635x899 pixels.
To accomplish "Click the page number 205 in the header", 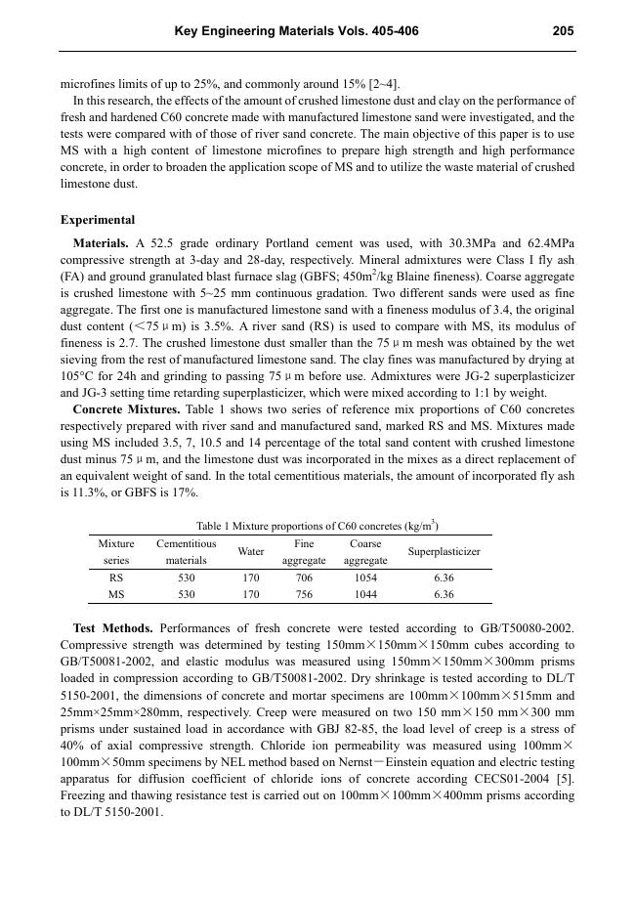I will pos(563,31).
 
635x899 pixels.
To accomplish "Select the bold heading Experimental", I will pos(98,220).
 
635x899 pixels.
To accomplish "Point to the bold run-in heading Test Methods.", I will pos(112,627).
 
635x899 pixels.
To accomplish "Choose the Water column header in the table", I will pos(251,552).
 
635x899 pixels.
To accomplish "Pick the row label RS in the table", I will pos(116,578).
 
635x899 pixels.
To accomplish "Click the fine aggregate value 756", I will pos(304,594).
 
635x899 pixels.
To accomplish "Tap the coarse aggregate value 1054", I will pos(365,578).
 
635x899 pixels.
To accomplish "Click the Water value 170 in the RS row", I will pos(251,578).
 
